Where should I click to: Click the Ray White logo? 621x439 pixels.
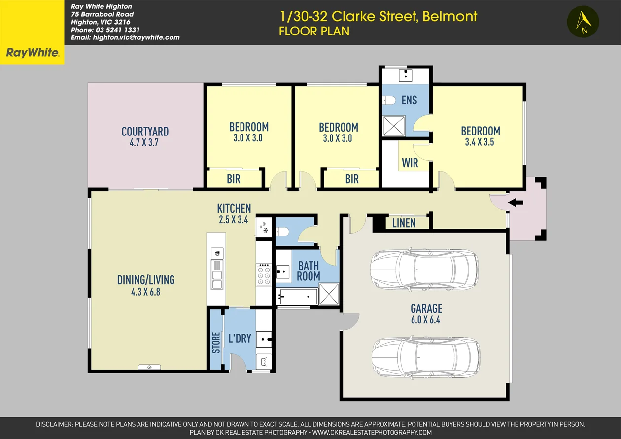[32, 53]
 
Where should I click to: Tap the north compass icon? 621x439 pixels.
[583, 22]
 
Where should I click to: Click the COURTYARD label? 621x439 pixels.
[145, 132]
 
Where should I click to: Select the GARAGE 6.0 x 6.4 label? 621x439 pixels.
[426, 314]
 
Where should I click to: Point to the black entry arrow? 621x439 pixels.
[516, 203]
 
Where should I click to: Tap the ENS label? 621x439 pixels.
[409, 101]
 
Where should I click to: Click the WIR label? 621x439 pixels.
[410, 163]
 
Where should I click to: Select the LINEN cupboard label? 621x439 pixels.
[404, 223]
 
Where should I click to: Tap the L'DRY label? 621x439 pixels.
[240, 338]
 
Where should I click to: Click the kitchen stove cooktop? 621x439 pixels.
[264, 275]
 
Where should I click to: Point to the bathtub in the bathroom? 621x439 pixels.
[297, 296]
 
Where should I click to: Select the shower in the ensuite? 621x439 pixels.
[394, 126]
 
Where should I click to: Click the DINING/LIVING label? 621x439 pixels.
[145, 280]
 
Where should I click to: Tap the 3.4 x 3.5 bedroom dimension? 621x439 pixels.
[479, 142]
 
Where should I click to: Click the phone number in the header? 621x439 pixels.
[105, 30]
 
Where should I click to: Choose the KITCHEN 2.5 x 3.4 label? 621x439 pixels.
[234, 214]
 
